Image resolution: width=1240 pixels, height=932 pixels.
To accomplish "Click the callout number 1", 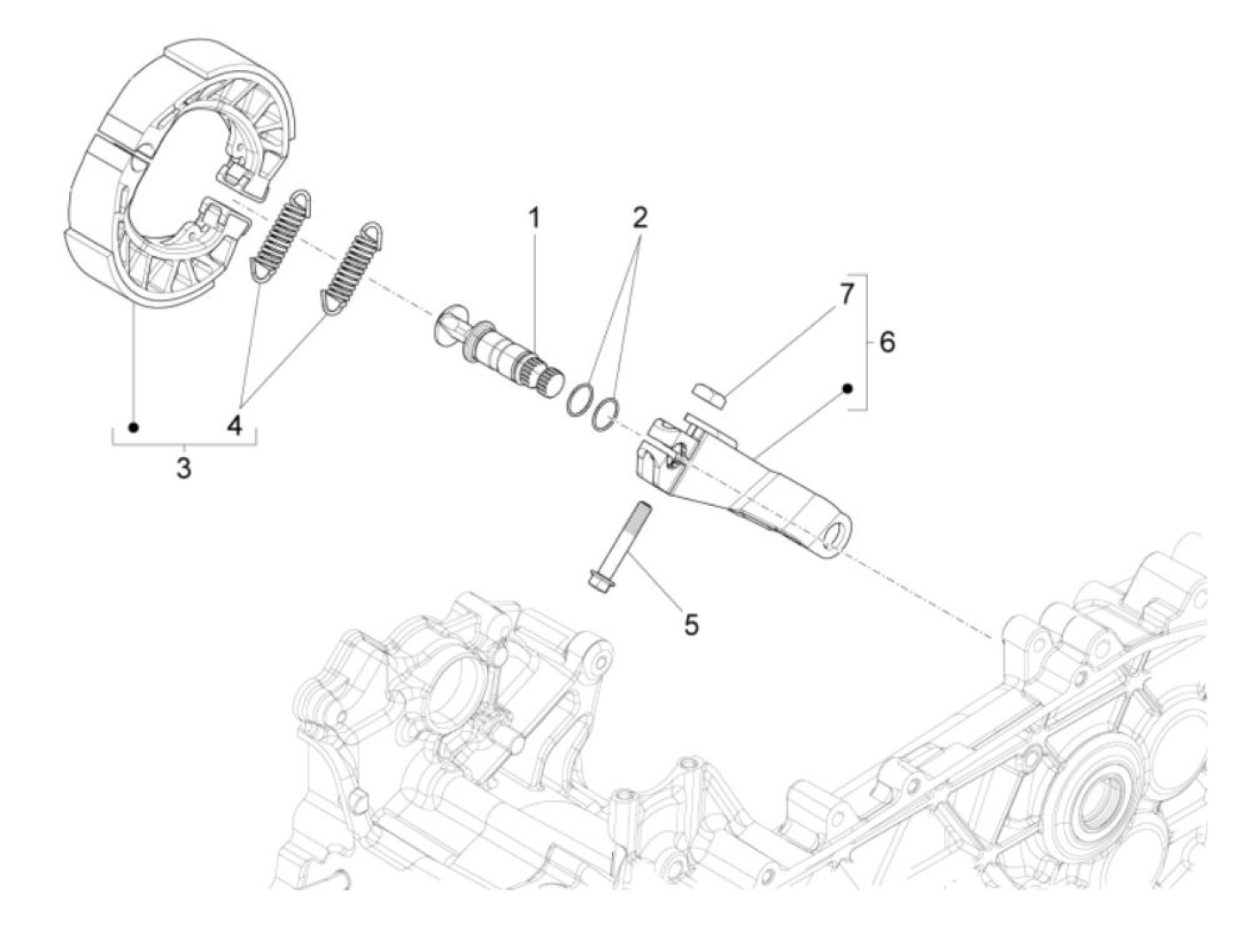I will coord(534,218).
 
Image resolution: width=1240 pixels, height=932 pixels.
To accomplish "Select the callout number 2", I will coord(639,218).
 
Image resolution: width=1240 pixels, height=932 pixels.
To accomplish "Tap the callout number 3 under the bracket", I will coord(183,468).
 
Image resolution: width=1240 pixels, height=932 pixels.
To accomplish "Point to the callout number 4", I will coord(235,426).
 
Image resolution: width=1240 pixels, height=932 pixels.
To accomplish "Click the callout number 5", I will coord(691,625).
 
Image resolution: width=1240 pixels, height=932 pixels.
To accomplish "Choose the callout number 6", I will coord(887,341).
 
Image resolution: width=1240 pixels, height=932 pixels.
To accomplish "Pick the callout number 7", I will coord(847,293).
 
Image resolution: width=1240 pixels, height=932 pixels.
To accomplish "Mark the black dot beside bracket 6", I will coord(847,388).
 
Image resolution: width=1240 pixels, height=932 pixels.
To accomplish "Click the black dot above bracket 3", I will coord(134,427).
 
